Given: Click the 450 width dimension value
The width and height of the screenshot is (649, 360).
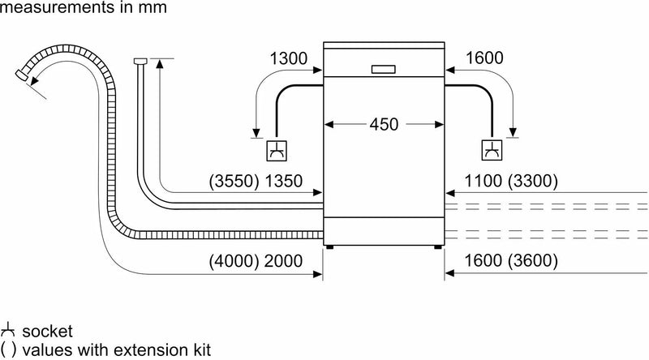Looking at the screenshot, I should [x=384, y=125].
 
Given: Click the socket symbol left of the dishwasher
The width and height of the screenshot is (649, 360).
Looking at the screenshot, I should [x=277, y=150].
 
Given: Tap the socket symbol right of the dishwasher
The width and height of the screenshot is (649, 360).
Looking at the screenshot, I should [x=492, y=150].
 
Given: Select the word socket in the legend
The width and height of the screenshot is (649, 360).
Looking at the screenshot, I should [x=47, y=332].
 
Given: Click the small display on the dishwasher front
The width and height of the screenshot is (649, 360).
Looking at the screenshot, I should [x=384, y=70].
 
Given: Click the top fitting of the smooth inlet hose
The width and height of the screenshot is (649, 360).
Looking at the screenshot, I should [x=140, y=61].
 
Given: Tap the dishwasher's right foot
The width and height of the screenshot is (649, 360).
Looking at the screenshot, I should [x=439, y=245].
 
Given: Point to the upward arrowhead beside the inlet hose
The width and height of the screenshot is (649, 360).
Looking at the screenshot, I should [x=159, y=63].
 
